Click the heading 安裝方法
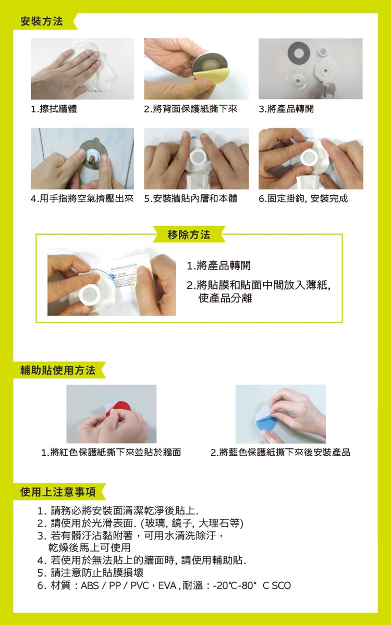pos(42,21)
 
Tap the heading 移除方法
pos(189,235)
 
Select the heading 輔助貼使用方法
pos(58,370)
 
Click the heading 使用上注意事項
pos(58,492)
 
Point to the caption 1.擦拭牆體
pos(54,108)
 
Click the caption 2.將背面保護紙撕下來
pos(191,108)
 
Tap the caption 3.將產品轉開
pos(286,108)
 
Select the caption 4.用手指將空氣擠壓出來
pos(82,198)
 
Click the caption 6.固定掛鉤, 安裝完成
pos(303,198)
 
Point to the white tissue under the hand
pos(95,67)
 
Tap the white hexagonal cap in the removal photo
pos(90,295)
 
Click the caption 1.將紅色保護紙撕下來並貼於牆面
pos(111,452)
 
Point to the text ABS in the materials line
pos(90,585)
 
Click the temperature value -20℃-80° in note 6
pos(234,585)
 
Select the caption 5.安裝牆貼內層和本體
pos(191,198)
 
